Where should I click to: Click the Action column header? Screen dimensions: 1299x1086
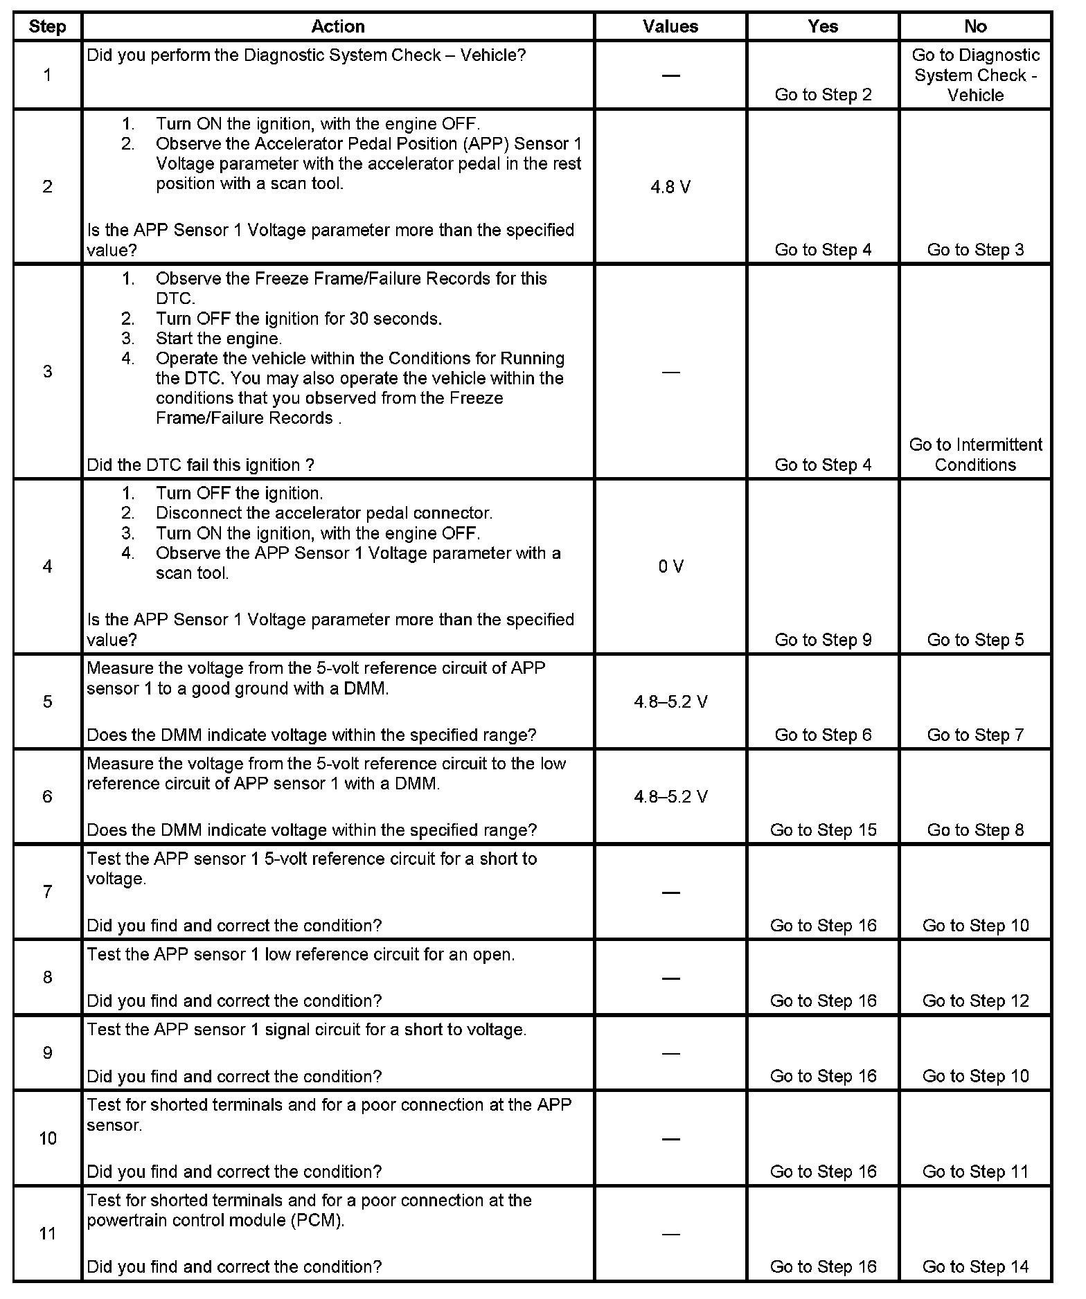(x=337, y=26)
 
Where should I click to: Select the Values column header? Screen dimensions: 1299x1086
(x=670, y=26)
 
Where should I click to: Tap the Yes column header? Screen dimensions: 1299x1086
(x=822, y=26)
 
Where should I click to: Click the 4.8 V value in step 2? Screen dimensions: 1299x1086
(x=670, y=187)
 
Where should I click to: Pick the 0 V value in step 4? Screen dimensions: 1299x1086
(x=670, y=566)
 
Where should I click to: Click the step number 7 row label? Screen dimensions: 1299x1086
(x=47, y=892)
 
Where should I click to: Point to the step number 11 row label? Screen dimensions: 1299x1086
(x=47, y=1233)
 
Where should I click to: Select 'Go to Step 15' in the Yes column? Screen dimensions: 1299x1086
(x=823, y=830)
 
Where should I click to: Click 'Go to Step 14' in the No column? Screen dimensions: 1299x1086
(x=975, y=1266)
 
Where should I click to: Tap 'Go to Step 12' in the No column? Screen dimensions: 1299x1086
(x=975, y=1001)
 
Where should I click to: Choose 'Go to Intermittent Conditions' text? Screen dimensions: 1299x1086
(x=975, y=454)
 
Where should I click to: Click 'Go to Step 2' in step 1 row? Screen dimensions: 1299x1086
(x=823, y=95)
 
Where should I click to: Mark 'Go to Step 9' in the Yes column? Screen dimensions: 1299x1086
(x=823, y=640)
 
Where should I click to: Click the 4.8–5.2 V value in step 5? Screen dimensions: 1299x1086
(x=670, y=701)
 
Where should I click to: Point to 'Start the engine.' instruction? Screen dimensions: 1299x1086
(x=219, y=339)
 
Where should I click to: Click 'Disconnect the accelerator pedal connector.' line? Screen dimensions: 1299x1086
(x=323, y=513)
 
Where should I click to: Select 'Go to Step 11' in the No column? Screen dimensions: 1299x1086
(x=975, y=1172)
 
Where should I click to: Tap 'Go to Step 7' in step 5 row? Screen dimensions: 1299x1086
(x=975, y=735)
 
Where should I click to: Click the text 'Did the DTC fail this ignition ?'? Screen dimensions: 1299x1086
(x=200, y=465)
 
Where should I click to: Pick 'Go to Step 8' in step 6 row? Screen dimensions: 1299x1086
(x=975, y=830)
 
